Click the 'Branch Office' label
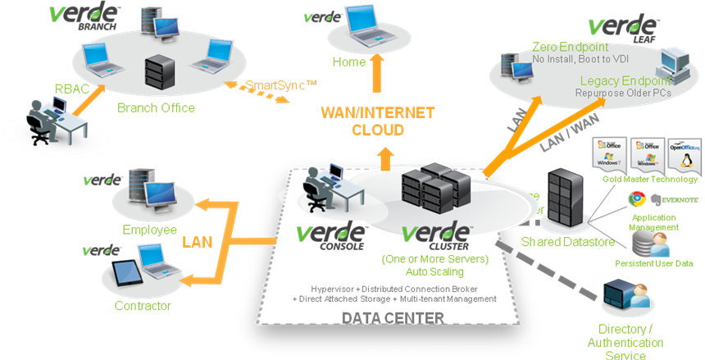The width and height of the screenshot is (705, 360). tap(156, 107)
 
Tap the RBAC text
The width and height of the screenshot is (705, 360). tap(68, 89)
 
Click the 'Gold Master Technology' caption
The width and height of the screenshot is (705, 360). tap(649, 179)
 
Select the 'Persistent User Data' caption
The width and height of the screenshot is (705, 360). tap(654, 263)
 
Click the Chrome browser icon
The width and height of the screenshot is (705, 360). tap(635, 198)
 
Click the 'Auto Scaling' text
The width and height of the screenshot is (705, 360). tap(436, 271)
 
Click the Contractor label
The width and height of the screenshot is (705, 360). tap(143, 306)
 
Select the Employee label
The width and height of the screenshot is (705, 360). tap(149, 230)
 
